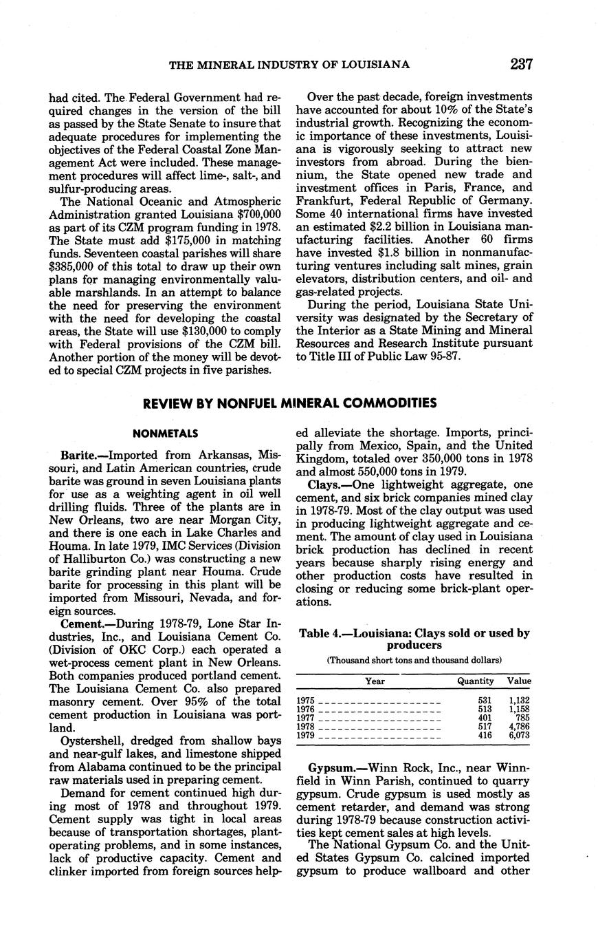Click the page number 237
pyautogui.click(x=522, y=64)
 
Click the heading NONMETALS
pyautogui.click(x=165, y=434)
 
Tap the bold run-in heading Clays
pyautogui.click(x=324, y=486)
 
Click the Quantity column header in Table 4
pyautogui.click(x=476, y=681)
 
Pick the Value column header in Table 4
pyautogui.click(x=519, y=681)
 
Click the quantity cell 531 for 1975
pyautogui.click(x=485, y=700)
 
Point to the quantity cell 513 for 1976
pyautogui.click(x=485, y=709)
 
